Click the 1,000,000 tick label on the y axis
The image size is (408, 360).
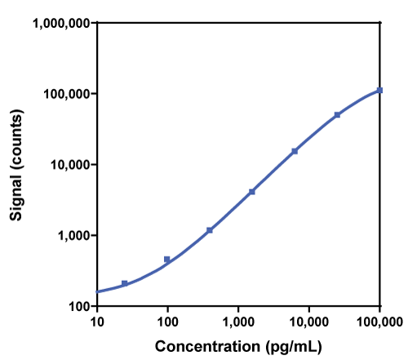coord(60,23)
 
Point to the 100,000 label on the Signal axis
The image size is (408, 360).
coord(65,94)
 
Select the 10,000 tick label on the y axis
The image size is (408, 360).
coord(69,165)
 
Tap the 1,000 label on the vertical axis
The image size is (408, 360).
coord(72,236)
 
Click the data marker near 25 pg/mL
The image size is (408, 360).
coord(125,283)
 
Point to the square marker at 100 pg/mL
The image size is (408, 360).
coord(167,260)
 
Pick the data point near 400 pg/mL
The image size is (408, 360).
coord(210,230)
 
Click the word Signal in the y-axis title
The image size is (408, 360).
coord(16,195)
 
